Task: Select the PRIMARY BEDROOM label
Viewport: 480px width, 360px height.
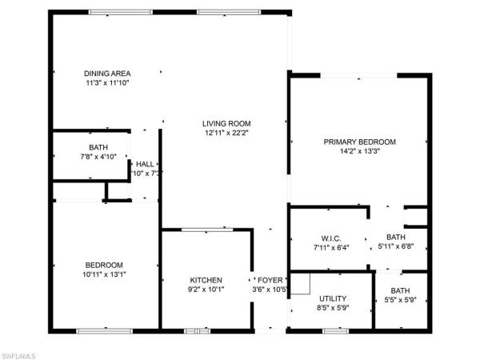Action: [x=359, y=142]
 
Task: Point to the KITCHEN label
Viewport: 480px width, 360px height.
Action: [x=206, y=280]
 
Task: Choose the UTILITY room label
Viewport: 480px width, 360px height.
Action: [x=332, y=298]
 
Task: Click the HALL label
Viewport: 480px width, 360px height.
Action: [x=145, y=164]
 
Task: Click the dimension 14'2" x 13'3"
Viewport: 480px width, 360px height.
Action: [x=359, y=151]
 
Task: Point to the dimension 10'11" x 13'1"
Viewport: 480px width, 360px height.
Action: [x=104, y=274]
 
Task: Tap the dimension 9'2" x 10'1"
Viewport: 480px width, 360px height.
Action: [x=206, y=290]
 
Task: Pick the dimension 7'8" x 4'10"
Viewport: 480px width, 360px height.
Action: [x=98, y=157]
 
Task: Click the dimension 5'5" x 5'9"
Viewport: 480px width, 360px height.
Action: [x=400, y=300]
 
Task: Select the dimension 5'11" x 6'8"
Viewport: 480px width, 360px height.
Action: [x=396, y=246]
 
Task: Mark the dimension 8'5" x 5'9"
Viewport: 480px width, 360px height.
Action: [x=332, y=307]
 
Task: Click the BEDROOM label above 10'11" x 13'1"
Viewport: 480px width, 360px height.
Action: [x=104, y=265]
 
